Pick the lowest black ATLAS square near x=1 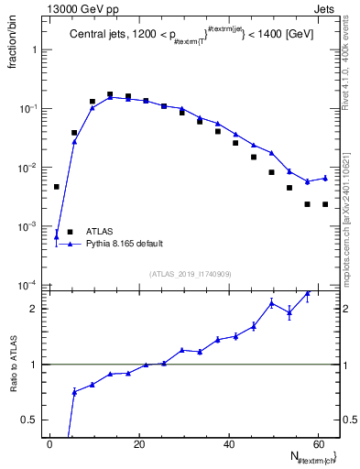pyautogui.click(x=57, y=187)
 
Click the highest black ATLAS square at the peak pyautogui.click(x=110, y=94)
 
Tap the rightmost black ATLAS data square pyautogui.click(x=325, y=204)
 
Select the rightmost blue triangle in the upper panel pyautogui.click(x=325, y=178)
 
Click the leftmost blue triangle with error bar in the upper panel pyautogui.click(x=57, y=236)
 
